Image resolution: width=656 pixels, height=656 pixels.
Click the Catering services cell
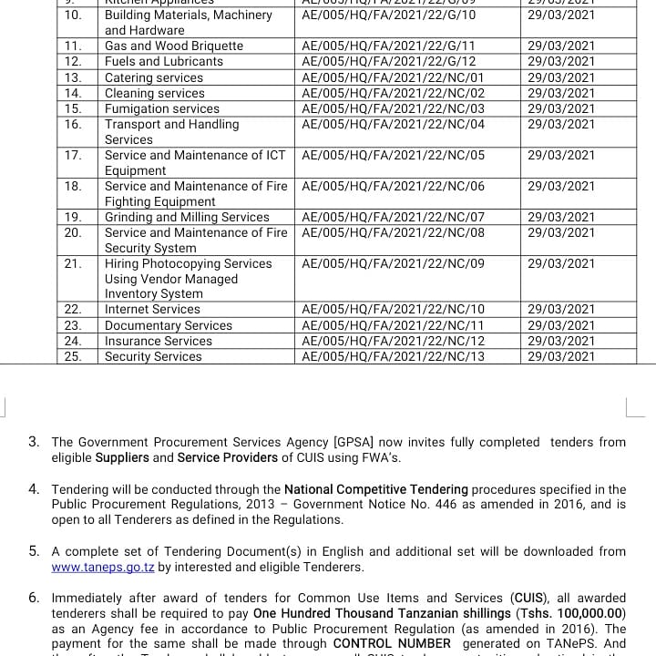154,77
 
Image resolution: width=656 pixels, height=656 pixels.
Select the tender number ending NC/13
393,356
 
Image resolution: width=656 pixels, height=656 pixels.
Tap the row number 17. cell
74,155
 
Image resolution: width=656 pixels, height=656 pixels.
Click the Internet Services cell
152,310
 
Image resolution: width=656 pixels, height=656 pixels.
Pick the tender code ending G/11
388,46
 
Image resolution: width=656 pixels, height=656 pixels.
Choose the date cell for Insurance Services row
560,341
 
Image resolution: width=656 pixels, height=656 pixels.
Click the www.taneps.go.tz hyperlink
102,567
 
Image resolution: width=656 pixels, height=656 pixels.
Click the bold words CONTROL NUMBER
392,643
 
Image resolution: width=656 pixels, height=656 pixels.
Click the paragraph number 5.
34,551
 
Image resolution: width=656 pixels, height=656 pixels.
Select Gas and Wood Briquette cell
174,46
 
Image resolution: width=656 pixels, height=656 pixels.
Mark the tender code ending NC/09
393,263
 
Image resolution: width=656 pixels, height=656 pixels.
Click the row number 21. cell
74,263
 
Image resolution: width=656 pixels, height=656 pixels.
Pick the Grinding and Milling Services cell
187,217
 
